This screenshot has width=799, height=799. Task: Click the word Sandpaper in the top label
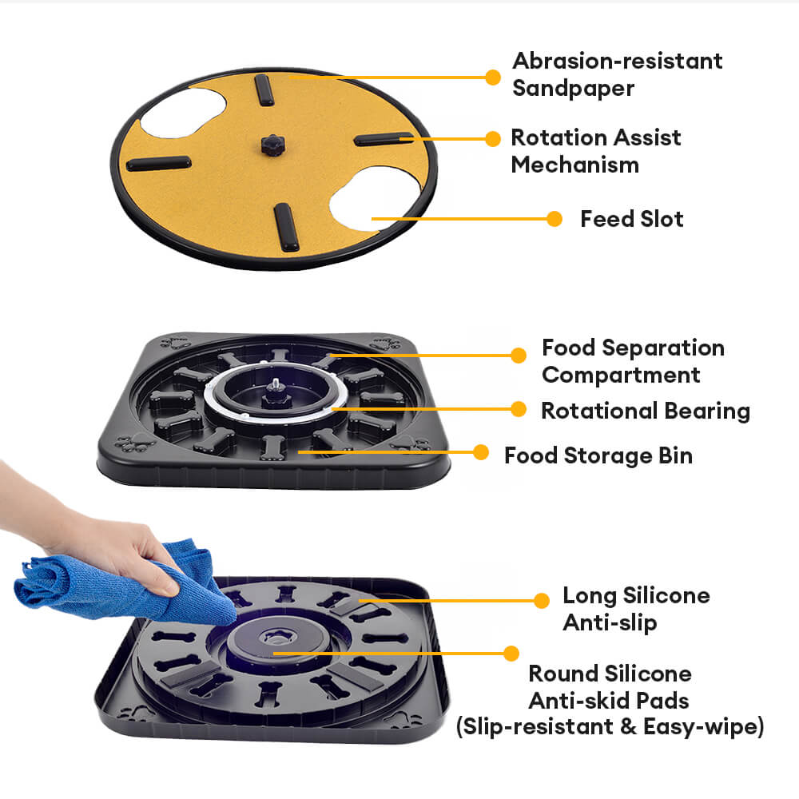[573, 89]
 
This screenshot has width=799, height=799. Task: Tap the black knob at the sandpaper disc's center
[272, 145]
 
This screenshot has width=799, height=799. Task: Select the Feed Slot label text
[632, 219]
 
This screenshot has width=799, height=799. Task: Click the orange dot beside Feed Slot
[554, 219]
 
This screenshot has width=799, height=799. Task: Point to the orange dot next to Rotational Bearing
[519, 408]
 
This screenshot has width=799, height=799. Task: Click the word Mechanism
[574, 165]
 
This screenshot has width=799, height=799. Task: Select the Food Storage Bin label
[598, 456]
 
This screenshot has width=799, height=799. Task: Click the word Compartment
[621, 376]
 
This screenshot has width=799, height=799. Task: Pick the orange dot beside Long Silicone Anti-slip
[541, 600]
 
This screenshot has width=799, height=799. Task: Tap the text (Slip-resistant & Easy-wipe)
[610, 726]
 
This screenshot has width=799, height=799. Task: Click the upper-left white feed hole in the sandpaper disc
[182, 112]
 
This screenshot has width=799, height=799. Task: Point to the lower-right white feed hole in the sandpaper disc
[375, 199]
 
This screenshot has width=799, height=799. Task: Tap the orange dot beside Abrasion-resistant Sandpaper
[493, 78]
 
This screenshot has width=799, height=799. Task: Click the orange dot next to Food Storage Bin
[480, 452]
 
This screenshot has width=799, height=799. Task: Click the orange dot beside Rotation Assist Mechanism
[493, 138]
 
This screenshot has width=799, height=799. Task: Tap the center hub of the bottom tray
[275, 639]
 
